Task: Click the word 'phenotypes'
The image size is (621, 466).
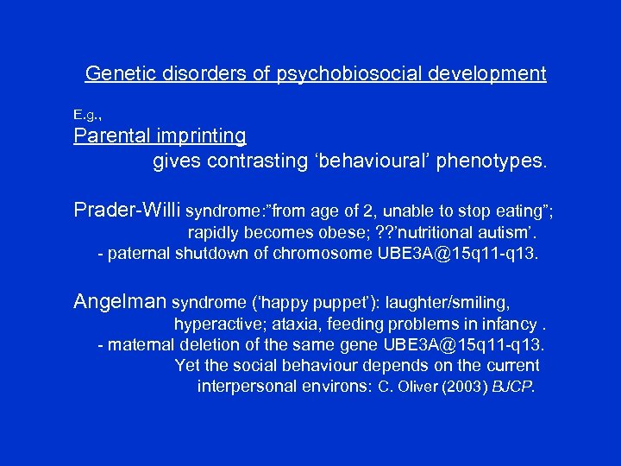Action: pos(491,161)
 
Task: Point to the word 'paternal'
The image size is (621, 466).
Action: pos(138,254)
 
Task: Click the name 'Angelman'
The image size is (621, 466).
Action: pos(120,302)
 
